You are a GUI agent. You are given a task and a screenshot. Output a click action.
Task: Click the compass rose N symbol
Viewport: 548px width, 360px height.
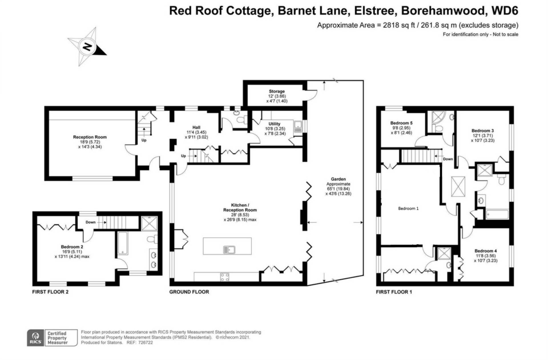tap(87, 46)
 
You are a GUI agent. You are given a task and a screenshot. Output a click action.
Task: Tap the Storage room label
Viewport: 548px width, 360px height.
tap(277, 91)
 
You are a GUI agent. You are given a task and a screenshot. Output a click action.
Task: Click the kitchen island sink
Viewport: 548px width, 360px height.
tap(229, 250)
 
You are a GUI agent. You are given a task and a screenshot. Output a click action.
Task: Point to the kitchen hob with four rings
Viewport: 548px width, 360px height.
tap(225, 277)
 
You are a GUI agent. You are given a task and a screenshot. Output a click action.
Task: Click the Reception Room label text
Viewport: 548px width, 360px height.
tap(90, 137)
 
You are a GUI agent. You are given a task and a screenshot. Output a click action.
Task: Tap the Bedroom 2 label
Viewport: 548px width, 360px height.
tap(72, 247)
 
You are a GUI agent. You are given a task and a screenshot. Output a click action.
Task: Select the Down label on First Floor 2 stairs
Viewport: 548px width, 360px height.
tap(90, 222)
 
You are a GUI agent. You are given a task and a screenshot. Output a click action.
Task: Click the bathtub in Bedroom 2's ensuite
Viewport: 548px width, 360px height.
tap(123, 243)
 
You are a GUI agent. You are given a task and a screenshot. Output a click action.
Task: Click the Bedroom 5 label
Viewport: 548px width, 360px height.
tap(401, 123)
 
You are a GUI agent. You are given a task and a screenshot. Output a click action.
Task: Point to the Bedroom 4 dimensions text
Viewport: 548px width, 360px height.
tap(485, 258)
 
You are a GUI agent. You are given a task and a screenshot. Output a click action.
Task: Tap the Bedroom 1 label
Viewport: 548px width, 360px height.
tap(408, 209)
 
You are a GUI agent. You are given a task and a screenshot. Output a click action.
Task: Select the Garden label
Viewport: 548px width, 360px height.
tap(338, 179)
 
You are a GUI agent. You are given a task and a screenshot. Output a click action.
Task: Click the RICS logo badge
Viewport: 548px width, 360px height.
tap(36, 338)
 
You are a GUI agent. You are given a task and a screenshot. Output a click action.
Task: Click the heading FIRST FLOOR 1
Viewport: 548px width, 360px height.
tap(394, 292)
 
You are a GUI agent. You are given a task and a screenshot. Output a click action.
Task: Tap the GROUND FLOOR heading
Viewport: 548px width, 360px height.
tap(189, 292)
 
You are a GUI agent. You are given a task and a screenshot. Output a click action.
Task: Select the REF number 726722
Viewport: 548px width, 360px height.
tap(145, 343)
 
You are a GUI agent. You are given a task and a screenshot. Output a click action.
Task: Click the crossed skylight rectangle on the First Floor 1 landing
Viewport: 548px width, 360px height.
tap(458, 186)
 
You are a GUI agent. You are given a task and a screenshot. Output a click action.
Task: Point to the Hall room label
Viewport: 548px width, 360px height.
tap(196, 128)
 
